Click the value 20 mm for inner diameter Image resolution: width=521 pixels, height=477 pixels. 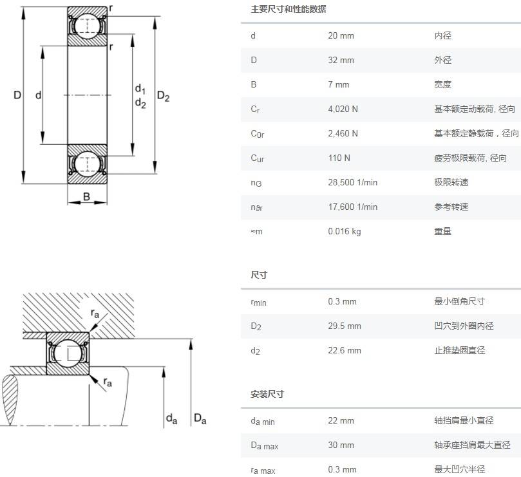341,35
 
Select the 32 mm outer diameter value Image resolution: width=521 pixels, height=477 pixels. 341,60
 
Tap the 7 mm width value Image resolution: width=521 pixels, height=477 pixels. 338,84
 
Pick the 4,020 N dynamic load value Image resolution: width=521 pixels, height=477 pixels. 343,109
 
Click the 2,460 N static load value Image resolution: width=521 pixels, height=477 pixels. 343,133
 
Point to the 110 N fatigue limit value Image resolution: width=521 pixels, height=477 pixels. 339,158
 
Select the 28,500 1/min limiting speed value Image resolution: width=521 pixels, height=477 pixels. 352,182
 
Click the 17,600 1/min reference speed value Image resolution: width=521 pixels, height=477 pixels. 352,207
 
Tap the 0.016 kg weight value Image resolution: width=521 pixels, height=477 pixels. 344,231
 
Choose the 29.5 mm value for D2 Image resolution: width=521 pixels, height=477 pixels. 345,326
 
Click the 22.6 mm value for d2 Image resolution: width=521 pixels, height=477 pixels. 345,351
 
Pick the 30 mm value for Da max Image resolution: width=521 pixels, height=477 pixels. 341,445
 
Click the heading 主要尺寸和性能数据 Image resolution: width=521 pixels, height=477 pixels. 288,9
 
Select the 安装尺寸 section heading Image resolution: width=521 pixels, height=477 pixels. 267,394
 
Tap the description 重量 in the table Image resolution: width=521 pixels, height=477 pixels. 442,231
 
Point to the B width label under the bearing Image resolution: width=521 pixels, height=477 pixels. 87,197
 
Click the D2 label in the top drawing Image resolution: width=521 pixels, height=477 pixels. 164,97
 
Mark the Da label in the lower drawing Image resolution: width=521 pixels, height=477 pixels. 200,420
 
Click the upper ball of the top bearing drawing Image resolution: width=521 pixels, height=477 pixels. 87,26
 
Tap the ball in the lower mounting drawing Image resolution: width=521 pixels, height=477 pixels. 67,353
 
